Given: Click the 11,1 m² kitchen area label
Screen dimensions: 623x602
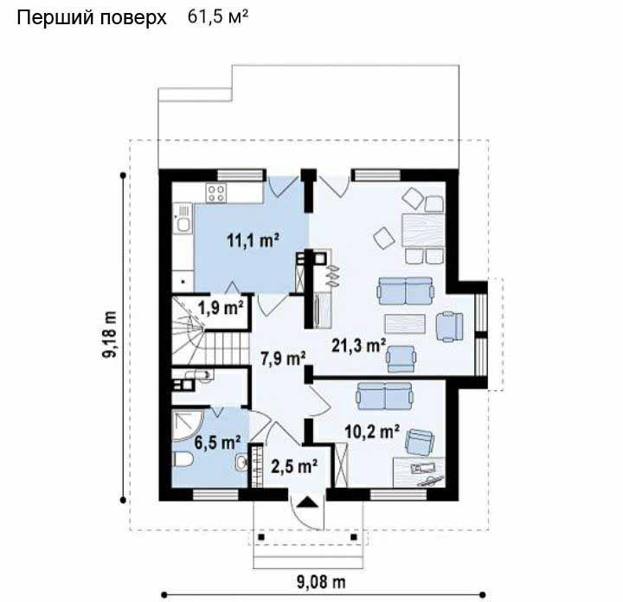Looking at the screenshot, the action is point(253,240).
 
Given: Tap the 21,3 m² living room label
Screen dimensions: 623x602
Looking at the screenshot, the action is point(359,345).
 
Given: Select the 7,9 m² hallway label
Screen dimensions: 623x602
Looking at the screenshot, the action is point(283,359).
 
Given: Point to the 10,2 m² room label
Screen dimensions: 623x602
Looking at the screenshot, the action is point(372,432).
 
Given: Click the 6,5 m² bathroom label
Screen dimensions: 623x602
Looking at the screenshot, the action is point(217,442).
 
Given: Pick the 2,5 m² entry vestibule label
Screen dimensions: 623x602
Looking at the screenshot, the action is point(294,466).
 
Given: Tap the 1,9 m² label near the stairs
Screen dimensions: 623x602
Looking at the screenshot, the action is point(221,308).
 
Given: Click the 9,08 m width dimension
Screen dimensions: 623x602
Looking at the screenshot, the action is point(321,582).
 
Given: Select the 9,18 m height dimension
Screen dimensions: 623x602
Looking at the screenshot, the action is point(110,334).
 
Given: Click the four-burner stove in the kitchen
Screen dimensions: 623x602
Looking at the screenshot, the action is point(216,193).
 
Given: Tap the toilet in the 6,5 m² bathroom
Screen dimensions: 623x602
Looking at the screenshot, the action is point(183,460).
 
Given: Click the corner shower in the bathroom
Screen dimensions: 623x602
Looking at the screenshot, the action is point(188,425).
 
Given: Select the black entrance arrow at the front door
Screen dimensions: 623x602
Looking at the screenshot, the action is point(308,503).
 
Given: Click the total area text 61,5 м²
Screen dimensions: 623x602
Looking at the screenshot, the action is point(218,16).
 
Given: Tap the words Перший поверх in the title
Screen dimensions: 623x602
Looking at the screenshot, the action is point(92,18).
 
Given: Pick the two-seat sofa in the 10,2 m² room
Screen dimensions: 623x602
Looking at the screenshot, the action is point(384,395).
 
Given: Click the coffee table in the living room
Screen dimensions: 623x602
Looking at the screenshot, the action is point(405,323).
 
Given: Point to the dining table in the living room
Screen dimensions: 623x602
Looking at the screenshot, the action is point(423,230).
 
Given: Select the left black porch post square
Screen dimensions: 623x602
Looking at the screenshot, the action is point(261,537).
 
